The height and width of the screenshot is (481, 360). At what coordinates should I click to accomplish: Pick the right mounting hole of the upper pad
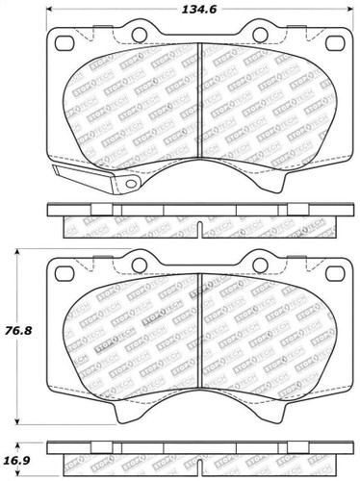(332, 43)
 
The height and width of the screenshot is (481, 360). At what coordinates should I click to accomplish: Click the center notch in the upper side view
(197, 229)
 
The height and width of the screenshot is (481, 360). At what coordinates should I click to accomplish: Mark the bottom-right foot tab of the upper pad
(272, 184)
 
